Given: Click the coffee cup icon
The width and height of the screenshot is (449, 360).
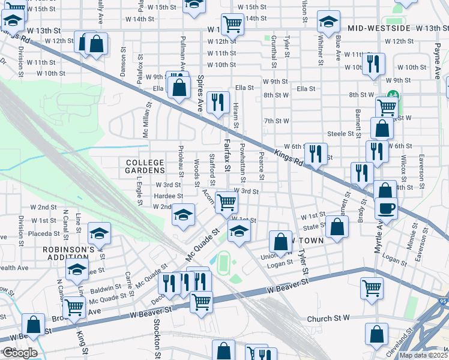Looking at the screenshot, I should pyautogui.click(x=385, y=208).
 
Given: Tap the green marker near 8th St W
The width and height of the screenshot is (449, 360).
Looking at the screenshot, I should pyautogui.click(x=393, y=95).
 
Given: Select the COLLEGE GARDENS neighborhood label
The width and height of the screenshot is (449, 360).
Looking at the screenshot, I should pyautogui.click(x=145, y=167).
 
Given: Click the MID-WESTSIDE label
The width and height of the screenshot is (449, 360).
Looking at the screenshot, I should pyautogui.click(x=379, y=28).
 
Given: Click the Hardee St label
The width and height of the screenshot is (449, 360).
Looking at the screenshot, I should pyautogui.click(x=169, y=196).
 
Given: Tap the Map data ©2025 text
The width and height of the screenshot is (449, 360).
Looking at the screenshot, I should pyautogui.click(x=423, y=355).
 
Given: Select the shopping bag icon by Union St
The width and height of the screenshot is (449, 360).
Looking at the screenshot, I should pyautogui.click(x=280, y=242).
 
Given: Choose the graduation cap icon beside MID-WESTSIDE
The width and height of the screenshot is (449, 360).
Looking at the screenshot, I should pyautogui.click(x=328, y=23).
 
